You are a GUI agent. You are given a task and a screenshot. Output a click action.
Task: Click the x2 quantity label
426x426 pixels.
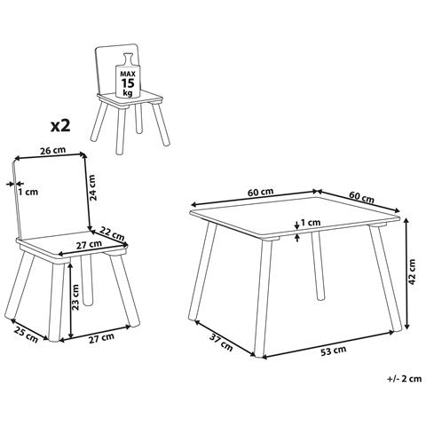tap(60, 125)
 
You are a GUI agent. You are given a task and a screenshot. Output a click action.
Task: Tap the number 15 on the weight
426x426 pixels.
tap(128, 83)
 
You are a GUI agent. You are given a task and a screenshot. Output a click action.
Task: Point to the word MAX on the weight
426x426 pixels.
tap(128, 74)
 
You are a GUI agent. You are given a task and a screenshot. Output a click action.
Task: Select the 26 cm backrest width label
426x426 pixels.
tap(53, 150)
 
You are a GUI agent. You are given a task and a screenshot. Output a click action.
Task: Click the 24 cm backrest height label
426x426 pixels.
tap(92, 187)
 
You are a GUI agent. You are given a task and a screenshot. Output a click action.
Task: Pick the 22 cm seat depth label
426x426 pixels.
tap(112, 233)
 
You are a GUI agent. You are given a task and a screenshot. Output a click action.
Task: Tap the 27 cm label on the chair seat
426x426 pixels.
tap(89, 245)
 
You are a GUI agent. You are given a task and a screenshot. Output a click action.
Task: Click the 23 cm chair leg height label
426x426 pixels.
tap(75, 297)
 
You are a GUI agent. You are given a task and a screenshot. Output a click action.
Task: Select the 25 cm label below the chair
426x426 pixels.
tap(26, 335)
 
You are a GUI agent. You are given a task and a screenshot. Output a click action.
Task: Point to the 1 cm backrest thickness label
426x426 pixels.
tap(28, 192)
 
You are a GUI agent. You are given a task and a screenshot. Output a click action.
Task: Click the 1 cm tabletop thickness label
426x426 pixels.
tap(311, 222)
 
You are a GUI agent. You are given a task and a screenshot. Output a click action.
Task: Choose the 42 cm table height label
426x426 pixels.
tap(412, 272)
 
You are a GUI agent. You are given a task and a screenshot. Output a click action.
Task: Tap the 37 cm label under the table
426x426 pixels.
tap(221, 343)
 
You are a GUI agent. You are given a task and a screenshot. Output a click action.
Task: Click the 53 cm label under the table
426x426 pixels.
tap(333, 351)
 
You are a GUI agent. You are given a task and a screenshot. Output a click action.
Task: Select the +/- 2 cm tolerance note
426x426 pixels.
tap(404, 379)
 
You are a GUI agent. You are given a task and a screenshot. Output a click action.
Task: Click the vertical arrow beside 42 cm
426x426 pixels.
tap(407, 274)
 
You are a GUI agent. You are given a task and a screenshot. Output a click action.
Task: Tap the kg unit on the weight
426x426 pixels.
tap(128, 93)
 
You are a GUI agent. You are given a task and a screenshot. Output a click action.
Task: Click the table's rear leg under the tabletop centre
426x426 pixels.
tap(318, 265)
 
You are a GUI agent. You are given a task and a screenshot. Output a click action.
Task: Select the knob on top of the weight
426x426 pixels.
tap(128, 58)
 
